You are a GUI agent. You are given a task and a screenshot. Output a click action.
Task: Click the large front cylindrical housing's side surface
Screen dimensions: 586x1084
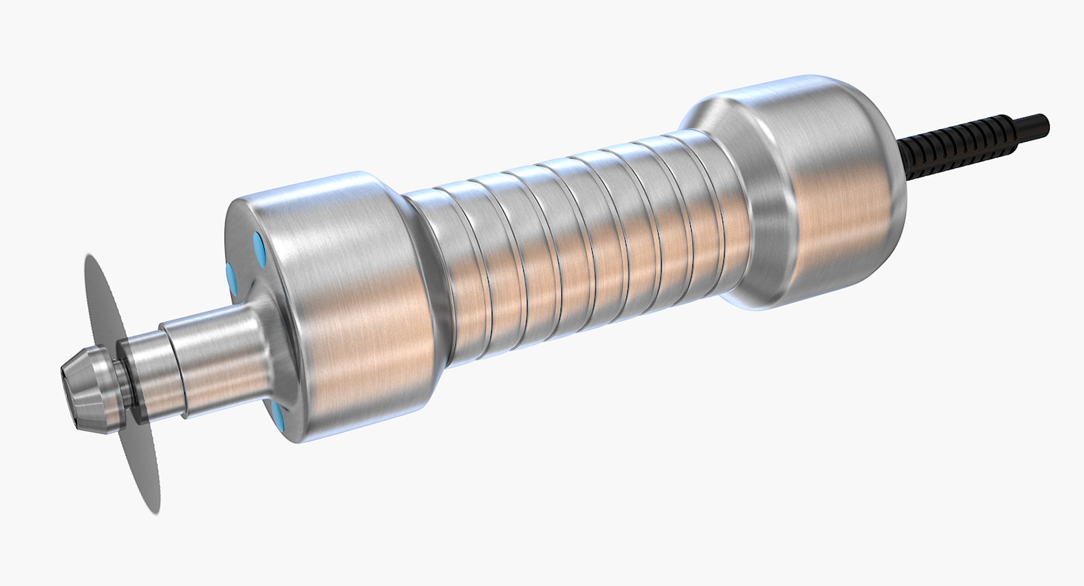pos(361,316)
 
